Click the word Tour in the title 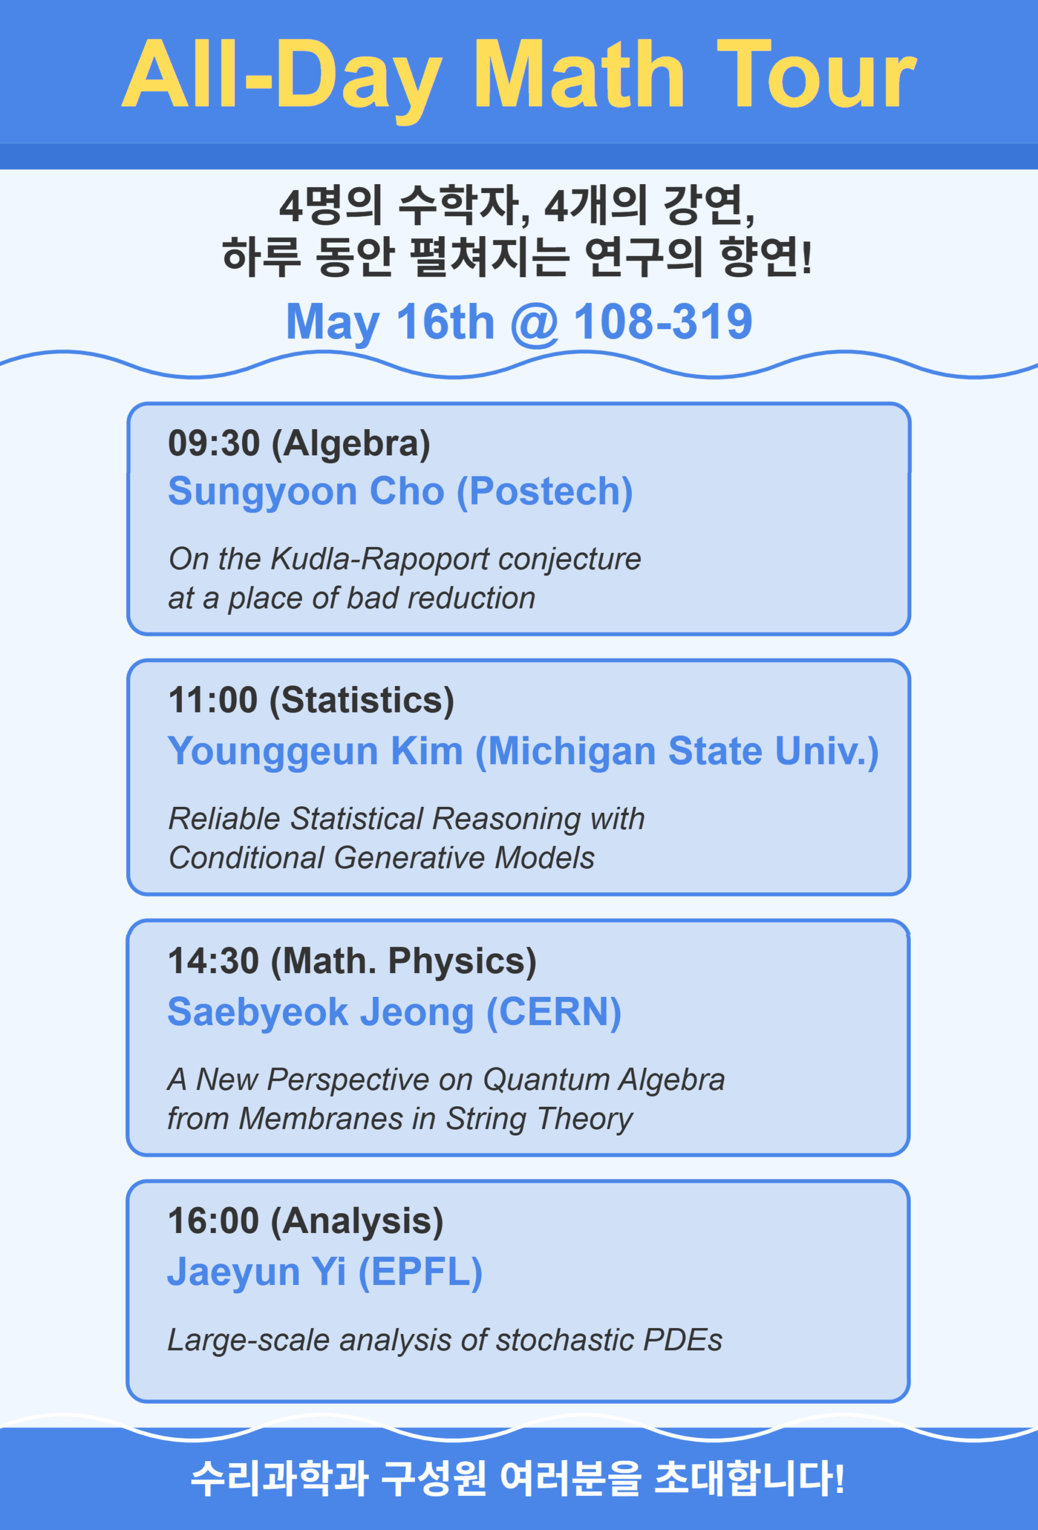coord(817,74)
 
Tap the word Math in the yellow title coord(579,74)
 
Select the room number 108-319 coord(663,322)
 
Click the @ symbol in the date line coord(534,323)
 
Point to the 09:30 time coord(214,442)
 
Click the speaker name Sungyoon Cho coord(306,492)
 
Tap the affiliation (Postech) coord(545,492)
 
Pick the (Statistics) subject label coord(362,700)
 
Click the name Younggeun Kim coord(316,752)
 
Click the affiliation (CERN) coord(554,1012)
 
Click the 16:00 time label coord(213,1220)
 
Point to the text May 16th coord(390,323)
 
